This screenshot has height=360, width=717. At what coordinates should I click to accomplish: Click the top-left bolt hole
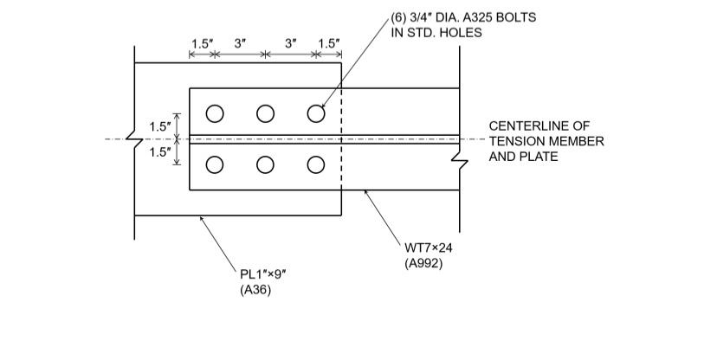(x=215, y=113)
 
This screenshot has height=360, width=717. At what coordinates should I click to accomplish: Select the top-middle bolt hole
(x=265, y=113)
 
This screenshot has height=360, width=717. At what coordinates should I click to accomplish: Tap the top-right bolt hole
(x=316, y=113)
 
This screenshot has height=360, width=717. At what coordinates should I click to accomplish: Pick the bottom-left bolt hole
(x=215, y=164)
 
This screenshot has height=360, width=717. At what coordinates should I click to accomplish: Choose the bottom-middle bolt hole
(x=265, y=164)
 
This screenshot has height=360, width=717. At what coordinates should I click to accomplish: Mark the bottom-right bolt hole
(x=316, y=164)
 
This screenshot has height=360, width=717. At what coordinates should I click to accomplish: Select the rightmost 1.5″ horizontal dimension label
(x=329, y=43)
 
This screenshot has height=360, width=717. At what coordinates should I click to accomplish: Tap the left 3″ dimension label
(x=240, y=43)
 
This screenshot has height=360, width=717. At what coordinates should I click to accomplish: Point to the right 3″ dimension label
(x=291, y=43)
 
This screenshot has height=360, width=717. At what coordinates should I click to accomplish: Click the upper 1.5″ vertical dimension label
(x=160, y=126)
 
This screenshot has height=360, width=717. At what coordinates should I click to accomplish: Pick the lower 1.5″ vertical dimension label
(x=160, y=152)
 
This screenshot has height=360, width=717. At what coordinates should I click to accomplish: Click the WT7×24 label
(x=429, y=247)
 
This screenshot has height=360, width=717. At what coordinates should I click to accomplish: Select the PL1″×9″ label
(x=263, y=274)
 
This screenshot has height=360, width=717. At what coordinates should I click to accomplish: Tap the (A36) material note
(x=255, y=291)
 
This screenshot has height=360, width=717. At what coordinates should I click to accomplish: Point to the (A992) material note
(x=424, y=263)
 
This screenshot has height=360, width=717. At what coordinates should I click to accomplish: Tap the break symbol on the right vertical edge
(x=459, y=161)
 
